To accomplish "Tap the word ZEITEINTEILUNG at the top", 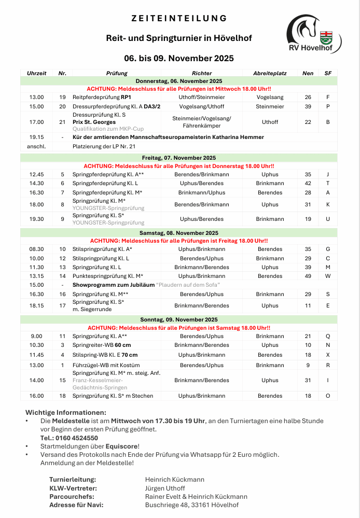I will click(179, 18).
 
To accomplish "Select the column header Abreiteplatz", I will click(270, 74).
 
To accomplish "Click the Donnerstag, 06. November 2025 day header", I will click(179, 81).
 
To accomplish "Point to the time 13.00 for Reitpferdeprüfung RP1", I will click(37, 97).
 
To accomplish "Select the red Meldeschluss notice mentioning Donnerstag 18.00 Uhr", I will click(179, 166).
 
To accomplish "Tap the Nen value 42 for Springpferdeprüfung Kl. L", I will click(308, 183).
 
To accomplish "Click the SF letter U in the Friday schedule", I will click(328, 219).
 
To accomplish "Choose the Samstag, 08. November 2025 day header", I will click(179, 233).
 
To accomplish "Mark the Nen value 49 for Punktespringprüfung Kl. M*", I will click(308, 276).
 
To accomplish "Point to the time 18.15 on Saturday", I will click(37, 305).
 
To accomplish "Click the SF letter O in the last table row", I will click(328, 396).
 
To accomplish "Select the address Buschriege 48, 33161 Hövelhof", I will click(192, 505).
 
